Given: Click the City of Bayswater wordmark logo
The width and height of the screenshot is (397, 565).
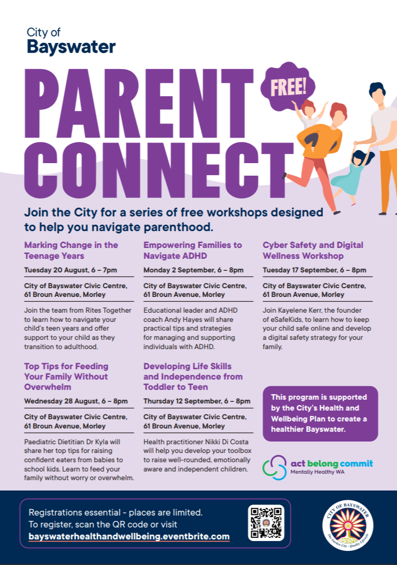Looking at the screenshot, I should tap(71, 41).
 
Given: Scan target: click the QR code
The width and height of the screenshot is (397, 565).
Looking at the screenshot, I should tap(266, 523).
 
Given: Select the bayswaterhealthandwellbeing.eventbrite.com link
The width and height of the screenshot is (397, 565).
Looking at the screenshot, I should tap(129, 537).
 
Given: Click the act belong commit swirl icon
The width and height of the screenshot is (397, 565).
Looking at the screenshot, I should tap(274, 467).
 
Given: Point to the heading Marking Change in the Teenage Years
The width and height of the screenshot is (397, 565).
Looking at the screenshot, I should tap(71, 250).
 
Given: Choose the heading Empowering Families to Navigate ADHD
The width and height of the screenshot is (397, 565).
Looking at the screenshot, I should tap(193, 250).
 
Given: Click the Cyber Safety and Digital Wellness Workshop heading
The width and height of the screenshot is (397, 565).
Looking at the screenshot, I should tap(313, 250).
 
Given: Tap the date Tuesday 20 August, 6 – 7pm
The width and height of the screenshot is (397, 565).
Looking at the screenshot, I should tap(71, 270).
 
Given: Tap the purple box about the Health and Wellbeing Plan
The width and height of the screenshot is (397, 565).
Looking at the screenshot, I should tap(320, 413).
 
